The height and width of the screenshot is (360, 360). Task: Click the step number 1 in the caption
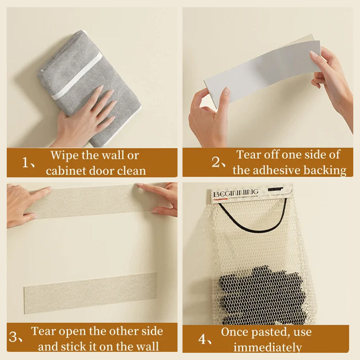[x=26, y=162]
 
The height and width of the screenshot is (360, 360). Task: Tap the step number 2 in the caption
[x=216, y=162]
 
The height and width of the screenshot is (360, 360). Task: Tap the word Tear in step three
[x=43, y=332]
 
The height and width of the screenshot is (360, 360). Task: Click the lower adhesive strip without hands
[x=90, y=288]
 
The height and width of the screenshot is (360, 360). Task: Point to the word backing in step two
[x=330, y=170]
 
